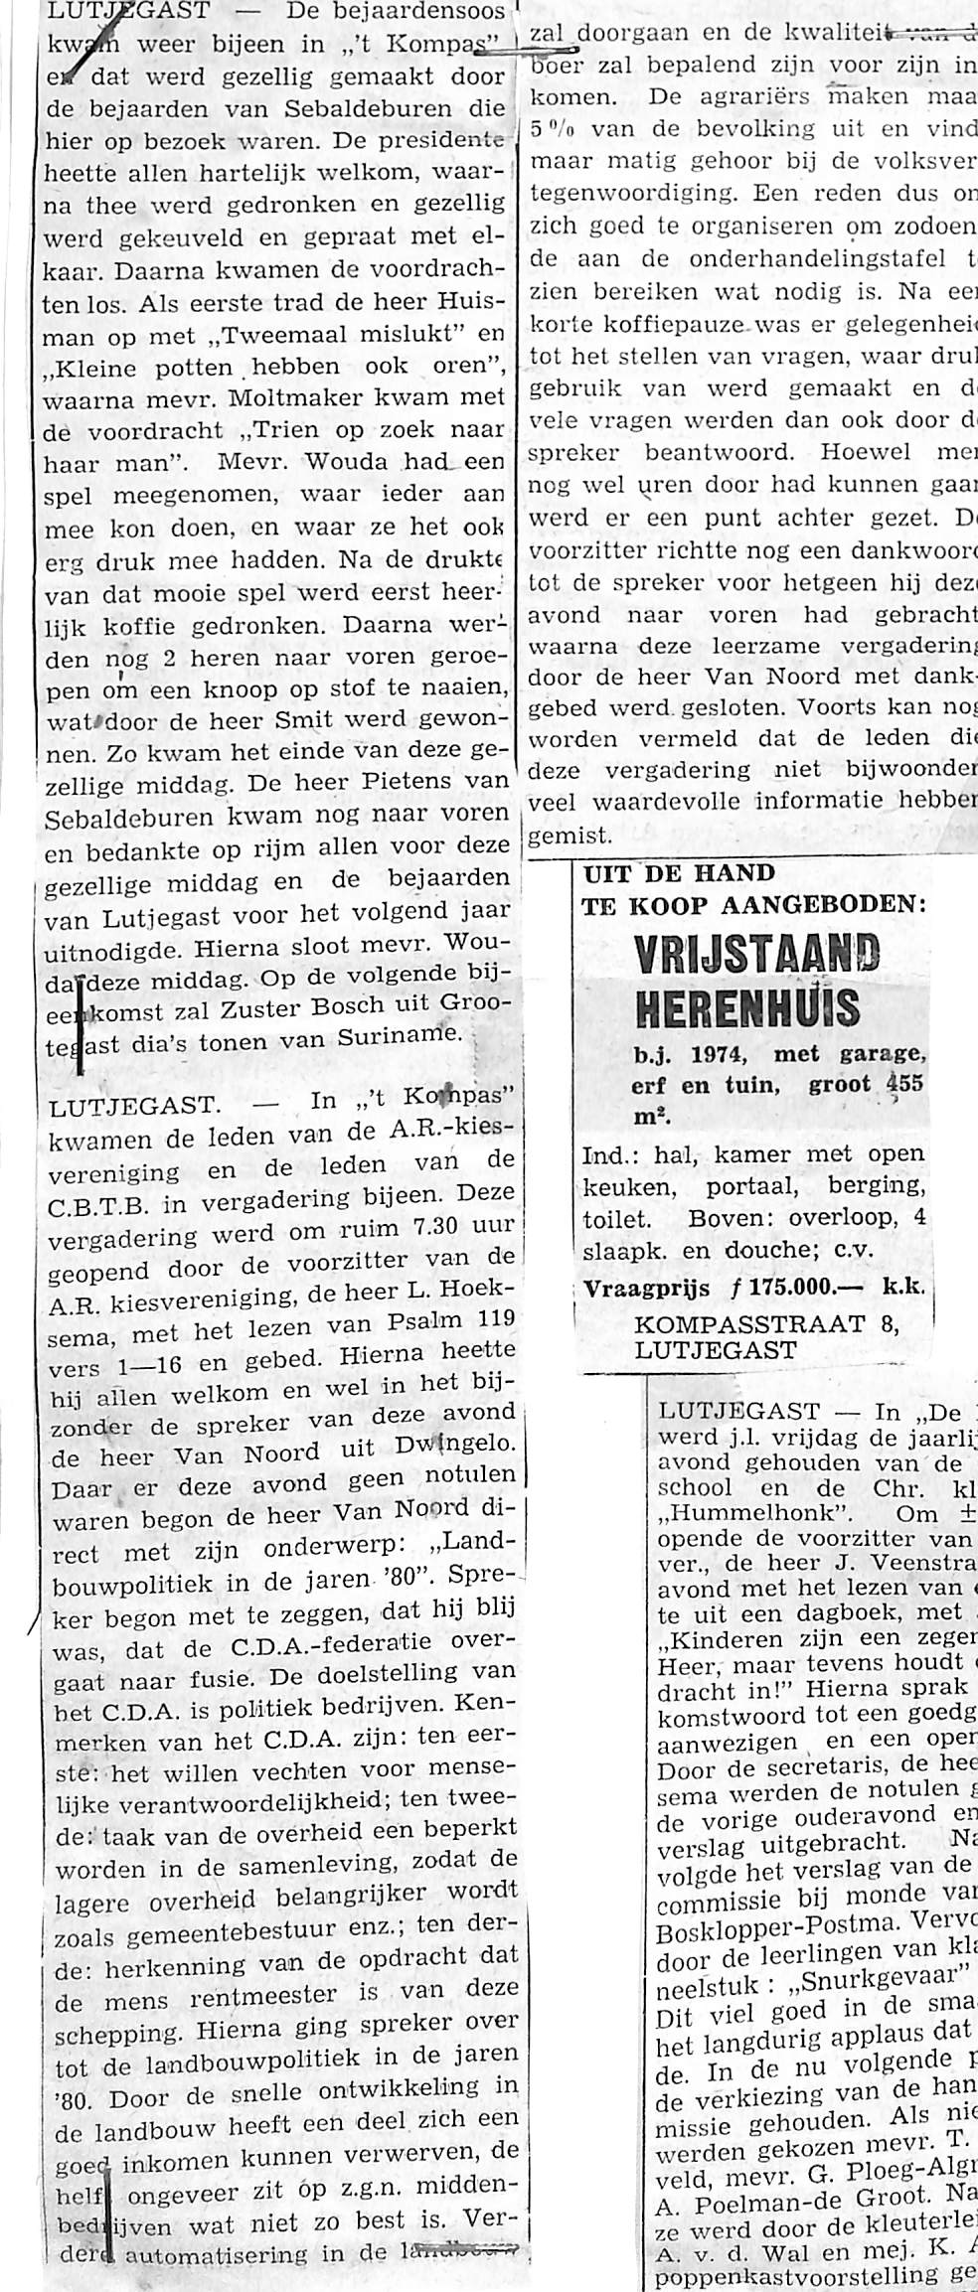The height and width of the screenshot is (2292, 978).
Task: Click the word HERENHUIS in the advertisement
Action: coord(747,1007)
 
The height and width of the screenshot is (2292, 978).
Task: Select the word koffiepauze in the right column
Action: coord(669,325)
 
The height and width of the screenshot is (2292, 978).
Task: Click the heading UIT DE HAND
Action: coord(679,874)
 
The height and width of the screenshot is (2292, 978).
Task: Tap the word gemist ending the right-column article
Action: coord(561,837)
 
